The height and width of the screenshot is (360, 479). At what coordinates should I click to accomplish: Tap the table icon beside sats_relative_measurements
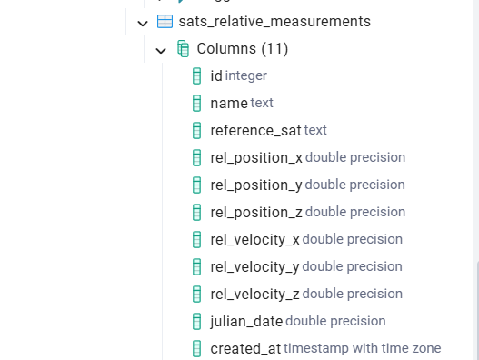[165, 21]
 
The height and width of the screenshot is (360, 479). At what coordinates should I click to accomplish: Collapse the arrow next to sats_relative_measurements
[143, 22]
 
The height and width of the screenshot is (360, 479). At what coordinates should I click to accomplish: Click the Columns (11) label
[243, 48]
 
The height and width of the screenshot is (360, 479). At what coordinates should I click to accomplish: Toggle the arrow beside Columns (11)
[161, 49]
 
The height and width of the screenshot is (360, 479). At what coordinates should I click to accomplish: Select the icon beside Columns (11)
[183, 48]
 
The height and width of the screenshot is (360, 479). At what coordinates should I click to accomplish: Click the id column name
[216, 75]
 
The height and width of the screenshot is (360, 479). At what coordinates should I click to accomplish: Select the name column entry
[228, 103]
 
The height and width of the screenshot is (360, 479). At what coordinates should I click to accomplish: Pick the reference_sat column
[255, 130]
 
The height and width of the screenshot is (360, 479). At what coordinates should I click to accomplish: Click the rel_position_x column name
[255, 157]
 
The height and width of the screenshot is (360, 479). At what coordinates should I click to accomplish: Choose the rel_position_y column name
[255, 185]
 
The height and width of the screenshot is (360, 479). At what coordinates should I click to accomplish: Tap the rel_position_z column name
[255, 212]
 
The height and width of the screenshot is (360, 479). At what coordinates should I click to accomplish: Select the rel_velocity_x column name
[254, 239]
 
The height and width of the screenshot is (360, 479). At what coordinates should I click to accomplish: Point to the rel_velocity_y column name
[254, 266]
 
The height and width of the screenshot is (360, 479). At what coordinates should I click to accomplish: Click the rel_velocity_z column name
[254, 294]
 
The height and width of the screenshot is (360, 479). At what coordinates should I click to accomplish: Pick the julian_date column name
[246, 321]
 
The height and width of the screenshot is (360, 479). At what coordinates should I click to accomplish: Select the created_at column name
[245, 348]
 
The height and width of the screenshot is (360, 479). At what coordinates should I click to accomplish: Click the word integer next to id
[245, 75]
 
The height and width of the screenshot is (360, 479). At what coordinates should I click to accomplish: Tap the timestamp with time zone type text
[362, 348]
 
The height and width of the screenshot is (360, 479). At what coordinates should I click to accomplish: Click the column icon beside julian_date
[196, 321]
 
